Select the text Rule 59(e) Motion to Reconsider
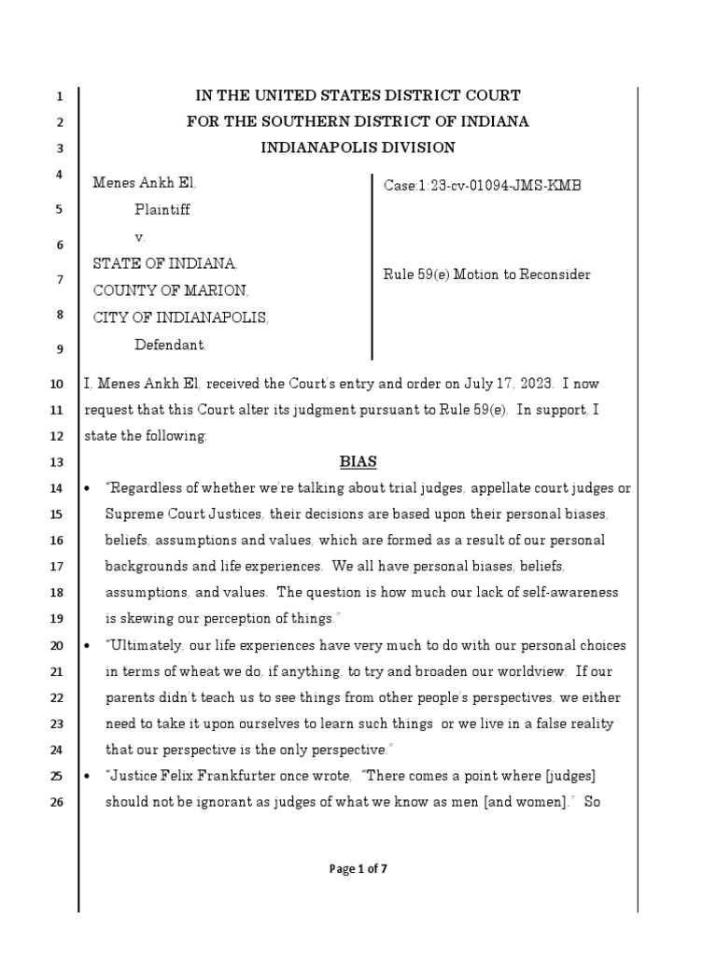point(486,274)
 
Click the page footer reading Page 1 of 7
point(358,869)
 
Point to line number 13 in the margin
point(55,462)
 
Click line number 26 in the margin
point(55,802)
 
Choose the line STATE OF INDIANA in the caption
point(164,263)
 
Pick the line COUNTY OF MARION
point(170,290)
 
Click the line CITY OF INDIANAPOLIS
point(181,317)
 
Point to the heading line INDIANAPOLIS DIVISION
point(358,148)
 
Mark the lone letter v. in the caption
point(140,236)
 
